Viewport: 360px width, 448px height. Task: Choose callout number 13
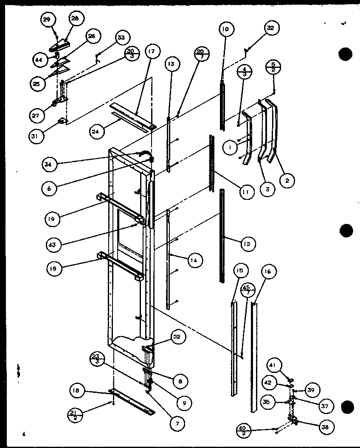coord(171,64)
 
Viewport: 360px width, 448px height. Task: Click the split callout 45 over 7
coord(248,291)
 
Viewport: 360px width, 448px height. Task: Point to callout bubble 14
coord(194,260)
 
